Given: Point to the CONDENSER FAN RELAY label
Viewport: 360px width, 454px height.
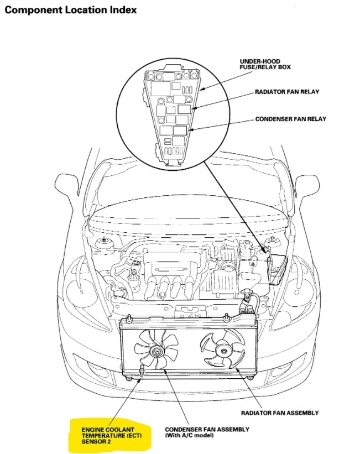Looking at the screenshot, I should pos(290,119).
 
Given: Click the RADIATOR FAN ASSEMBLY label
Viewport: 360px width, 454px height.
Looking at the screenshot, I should pos(279,413).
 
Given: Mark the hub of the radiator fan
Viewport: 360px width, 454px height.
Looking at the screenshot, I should pos(222,349).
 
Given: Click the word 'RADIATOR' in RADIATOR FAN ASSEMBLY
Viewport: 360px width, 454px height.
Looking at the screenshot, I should pos(257,413).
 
